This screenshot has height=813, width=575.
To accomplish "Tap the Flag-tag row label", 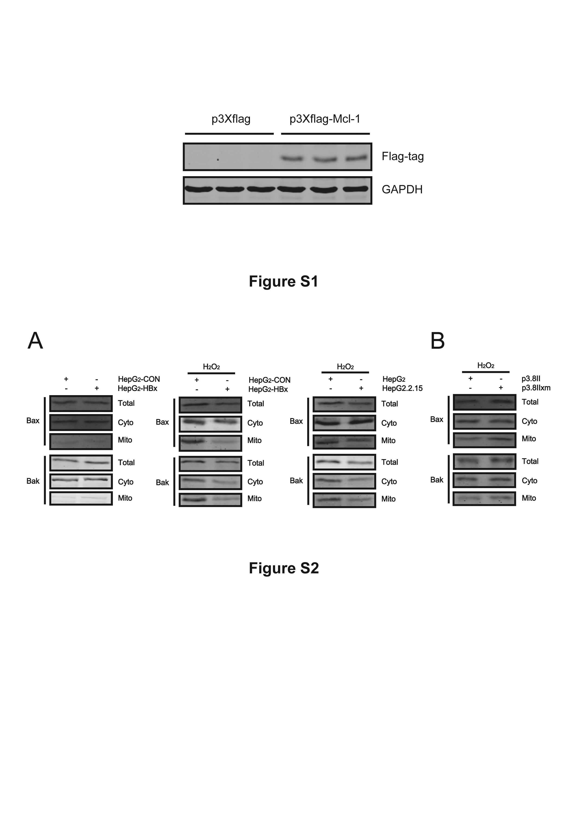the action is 402,156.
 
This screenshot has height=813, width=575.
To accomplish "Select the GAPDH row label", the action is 402,189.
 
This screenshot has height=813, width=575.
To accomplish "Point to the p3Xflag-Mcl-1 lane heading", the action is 325,119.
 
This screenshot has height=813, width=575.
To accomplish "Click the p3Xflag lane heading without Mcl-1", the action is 231,119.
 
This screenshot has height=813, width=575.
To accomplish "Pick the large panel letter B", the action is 437,341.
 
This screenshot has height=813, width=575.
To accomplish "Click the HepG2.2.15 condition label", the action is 402,388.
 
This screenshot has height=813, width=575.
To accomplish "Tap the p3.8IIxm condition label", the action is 536,388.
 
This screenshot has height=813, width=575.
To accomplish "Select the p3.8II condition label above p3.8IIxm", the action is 531,378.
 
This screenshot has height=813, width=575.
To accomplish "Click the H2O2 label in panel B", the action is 486,365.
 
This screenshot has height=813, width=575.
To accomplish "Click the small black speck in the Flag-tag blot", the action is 218,160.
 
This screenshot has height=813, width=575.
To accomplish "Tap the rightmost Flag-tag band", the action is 356,158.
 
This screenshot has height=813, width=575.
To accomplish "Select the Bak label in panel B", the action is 437,480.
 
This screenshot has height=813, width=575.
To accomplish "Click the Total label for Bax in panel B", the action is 530,402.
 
